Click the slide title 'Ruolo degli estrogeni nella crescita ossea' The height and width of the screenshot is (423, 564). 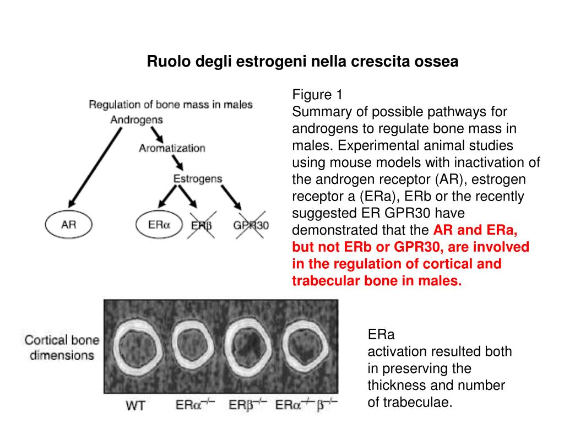302,62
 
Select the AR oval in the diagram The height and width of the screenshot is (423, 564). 68,225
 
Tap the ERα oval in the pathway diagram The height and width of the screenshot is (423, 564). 159,225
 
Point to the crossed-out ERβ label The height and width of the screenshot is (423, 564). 202,225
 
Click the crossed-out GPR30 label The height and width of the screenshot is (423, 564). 251,225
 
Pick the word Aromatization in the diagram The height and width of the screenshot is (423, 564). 172,148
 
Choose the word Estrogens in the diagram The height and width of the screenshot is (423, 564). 198,179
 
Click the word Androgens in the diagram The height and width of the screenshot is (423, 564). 137,120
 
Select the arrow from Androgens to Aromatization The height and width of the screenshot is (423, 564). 156,133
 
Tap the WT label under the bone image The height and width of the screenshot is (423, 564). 135,406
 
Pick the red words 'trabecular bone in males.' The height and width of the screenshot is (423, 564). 377,281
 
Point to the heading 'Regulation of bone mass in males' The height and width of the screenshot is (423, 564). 171,105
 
